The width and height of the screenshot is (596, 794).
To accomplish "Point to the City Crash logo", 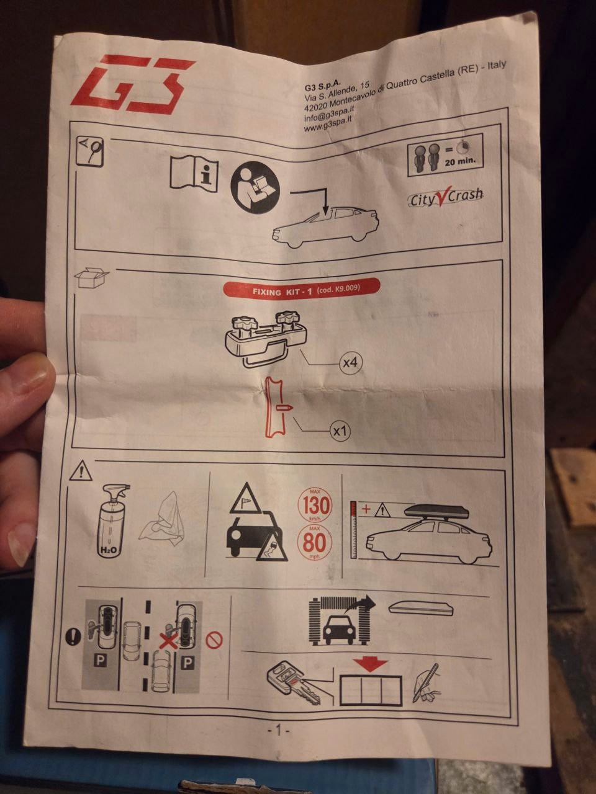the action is tap(446, 198).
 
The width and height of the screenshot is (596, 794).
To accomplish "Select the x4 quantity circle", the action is tap(350, 362).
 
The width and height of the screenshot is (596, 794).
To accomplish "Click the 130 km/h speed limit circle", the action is tap(315, 506).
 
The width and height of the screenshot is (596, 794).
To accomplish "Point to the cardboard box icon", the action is tap(92, 278).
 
